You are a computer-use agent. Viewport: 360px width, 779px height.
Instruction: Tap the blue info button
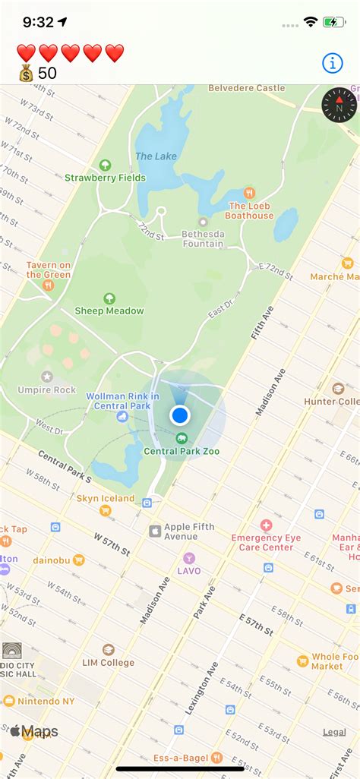tap(333, 64)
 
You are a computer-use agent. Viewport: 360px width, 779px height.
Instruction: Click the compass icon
tap(339, 105)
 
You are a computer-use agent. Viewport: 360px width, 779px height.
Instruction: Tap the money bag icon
tap(27, 74)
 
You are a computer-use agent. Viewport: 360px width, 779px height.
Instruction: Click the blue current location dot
tap(180, 415)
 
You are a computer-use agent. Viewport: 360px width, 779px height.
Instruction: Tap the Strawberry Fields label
tap(105, 178)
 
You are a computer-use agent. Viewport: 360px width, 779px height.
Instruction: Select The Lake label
tap(156, 156)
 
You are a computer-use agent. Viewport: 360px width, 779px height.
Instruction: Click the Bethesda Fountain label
tap(203, 238)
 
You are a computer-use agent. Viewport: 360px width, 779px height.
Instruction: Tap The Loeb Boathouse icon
tap(250, 193)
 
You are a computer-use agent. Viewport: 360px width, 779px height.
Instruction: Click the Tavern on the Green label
tap(49, 270)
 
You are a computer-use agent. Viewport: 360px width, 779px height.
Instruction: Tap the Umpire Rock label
tap(47, 389)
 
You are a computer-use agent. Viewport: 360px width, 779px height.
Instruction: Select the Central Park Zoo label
tap(182, 450)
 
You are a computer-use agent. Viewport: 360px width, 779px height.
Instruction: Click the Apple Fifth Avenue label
tap(188, 531)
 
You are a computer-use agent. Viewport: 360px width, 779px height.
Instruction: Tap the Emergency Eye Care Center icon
tap(266, 525)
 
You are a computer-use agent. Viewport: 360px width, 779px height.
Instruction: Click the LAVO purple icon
tap(189, 558)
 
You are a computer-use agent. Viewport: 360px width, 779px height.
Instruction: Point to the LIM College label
tap(108, 662)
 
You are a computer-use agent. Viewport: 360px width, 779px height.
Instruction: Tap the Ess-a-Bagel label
tap(186, 757)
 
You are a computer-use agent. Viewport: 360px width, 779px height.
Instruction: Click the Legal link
tap(334, 732)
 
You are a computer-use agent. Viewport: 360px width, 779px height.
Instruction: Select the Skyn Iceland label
tap(105, 499)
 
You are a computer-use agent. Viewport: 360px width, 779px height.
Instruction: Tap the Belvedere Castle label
tap(247, 88)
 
